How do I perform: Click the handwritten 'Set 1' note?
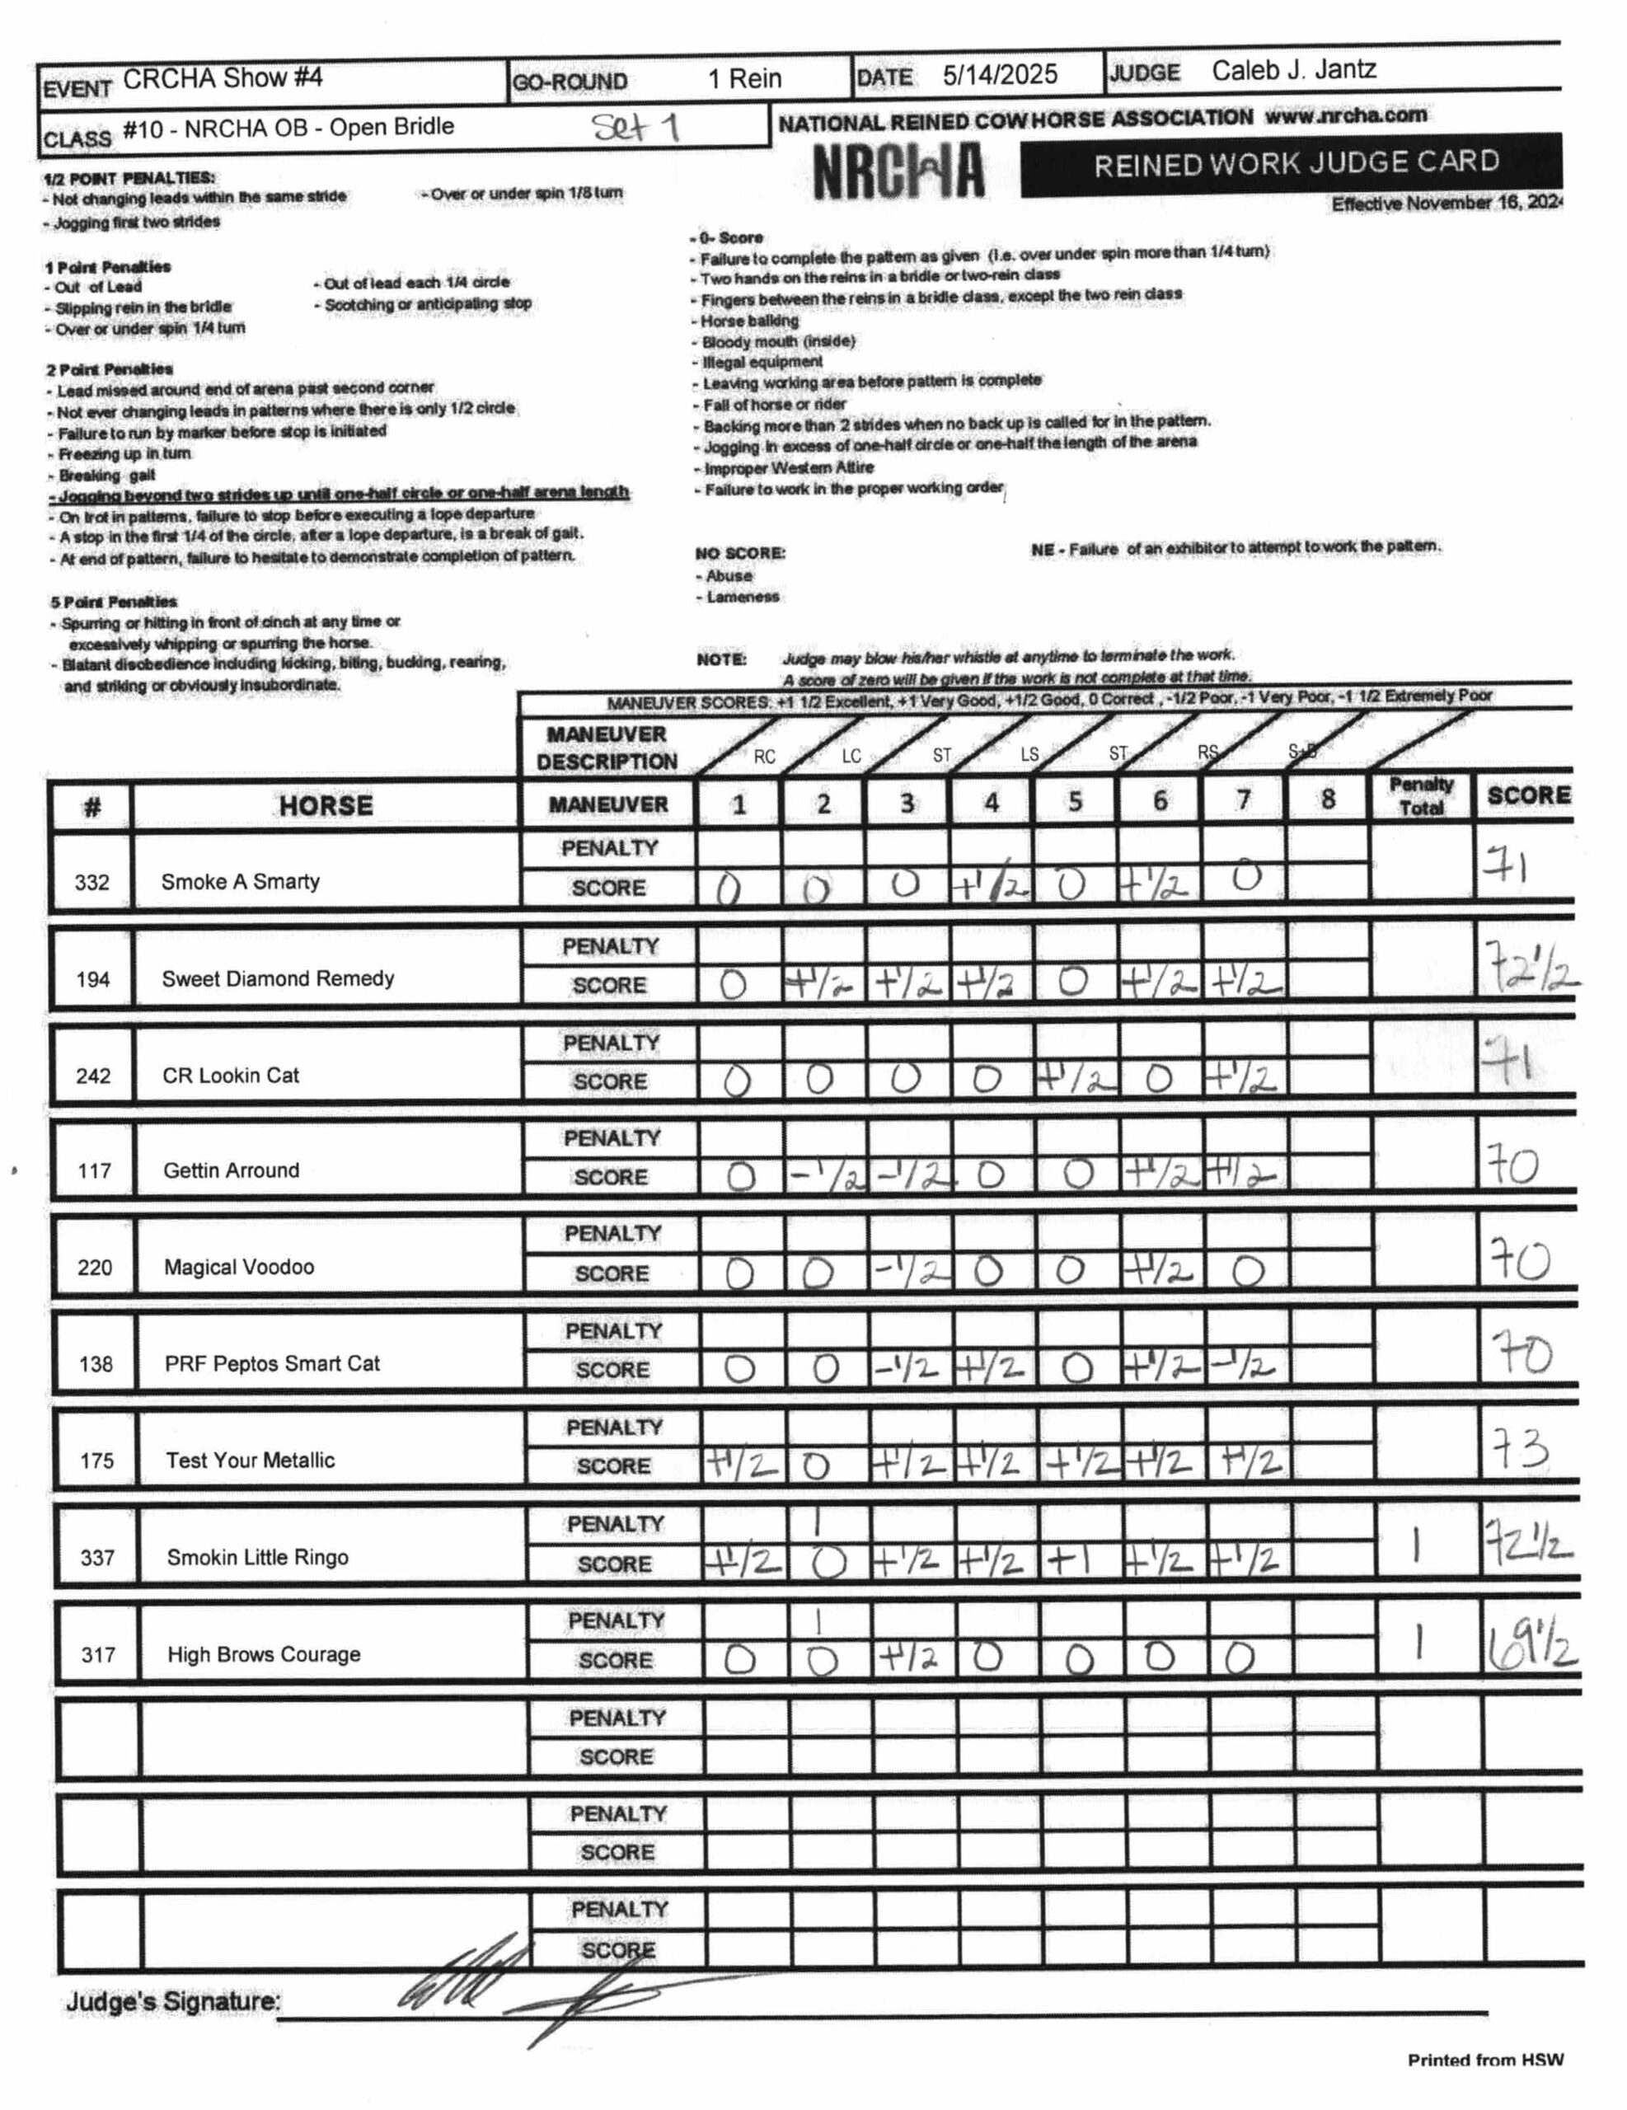point(635,127)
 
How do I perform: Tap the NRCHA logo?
point(898,172)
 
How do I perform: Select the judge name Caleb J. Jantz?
point(1294,71)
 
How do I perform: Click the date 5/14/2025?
point(999,74)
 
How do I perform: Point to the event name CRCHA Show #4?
point(223,78)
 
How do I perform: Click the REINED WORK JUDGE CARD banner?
point(1295,162)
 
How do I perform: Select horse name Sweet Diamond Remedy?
point(279,978)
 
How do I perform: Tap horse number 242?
point(94,1076)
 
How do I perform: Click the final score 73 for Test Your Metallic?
point(1521,1450)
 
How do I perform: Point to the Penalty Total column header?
point(1421,796)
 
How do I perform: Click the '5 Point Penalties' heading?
point(114,601)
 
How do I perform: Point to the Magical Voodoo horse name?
point(239,1267)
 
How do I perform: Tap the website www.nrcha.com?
point(1345,116)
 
